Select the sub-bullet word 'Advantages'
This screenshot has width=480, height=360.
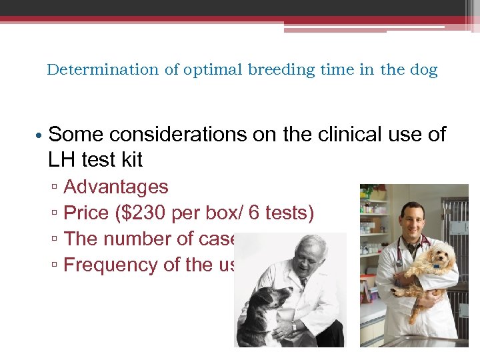pyautogui.click(x=115, y=187)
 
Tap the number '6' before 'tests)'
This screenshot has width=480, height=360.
pyautogui.click(x=255, y=213)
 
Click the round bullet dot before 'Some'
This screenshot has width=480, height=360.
pyautogui.click(x=40, y=135)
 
